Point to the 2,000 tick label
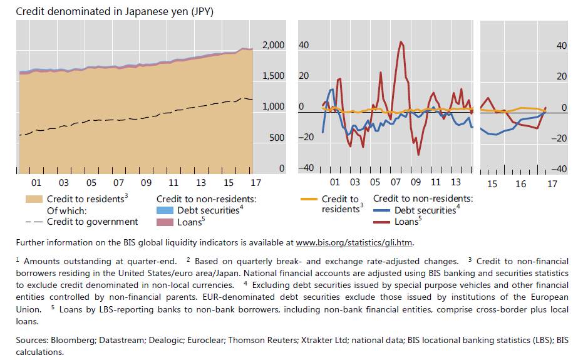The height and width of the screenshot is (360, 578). (273, 45)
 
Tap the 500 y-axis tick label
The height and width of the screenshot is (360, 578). (276, 137)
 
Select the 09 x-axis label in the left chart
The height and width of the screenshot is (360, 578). (146, 183)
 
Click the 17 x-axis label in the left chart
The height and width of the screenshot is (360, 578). (255, 183)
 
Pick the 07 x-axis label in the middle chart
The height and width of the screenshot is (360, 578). (395, 183)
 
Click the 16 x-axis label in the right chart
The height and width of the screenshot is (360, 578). (521, 184)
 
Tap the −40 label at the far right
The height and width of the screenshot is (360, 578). (560, 169)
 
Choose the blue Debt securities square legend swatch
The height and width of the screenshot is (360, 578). (164, 210)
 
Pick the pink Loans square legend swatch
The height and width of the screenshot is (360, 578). (164, 222)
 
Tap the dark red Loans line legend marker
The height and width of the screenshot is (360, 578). (382, 222)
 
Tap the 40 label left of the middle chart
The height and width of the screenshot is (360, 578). (304, 45)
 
